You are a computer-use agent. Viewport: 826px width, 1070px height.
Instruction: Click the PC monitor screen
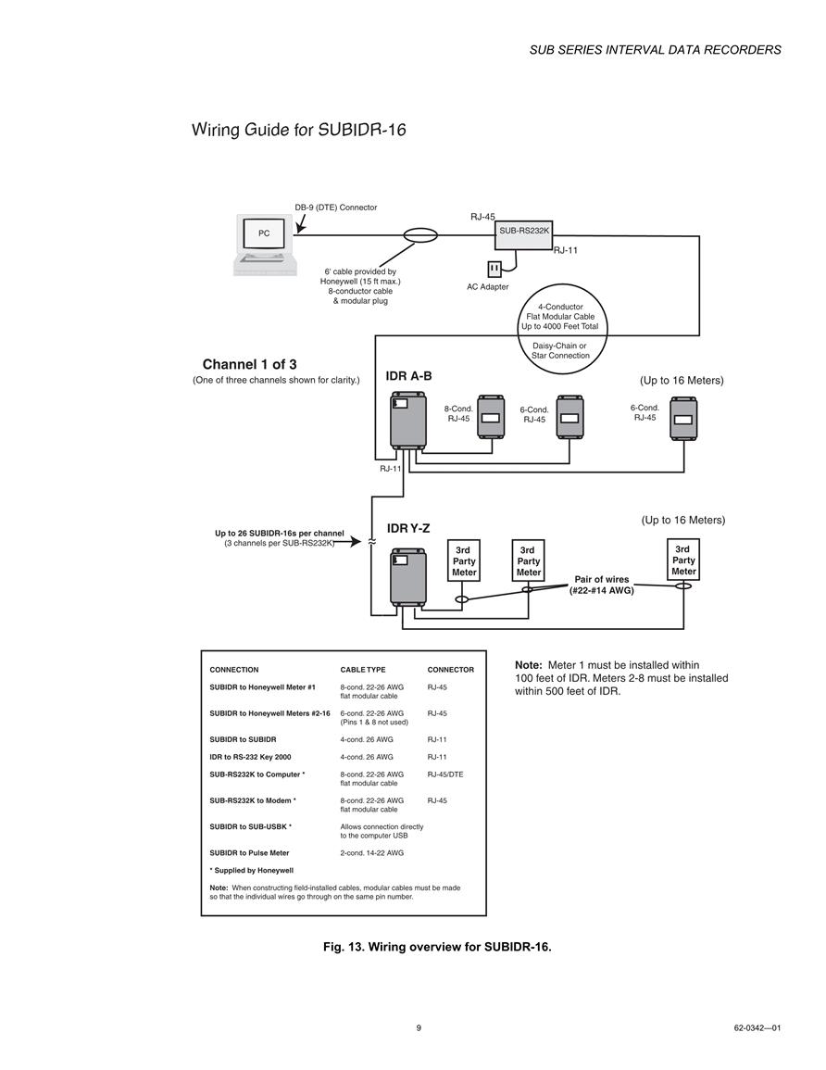click(x=263, y=233)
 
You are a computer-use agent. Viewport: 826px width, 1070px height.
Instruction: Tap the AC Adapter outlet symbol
click(x=494, y=269)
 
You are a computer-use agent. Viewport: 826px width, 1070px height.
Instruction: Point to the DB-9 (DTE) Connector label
click(x=335, y=208)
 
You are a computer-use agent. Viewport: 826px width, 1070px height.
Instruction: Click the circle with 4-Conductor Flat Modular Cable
click(x=560, y=284)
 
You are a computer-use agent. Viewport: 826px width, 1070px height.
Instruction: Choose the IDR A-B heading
click(x=408, y=376)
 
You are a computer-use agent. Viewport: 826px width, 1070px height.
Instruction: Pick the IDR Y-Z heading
click(x=407, y=528)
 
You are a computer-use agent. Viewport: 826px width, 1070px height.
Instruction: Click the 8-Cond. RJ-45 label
click(x=458, y=413)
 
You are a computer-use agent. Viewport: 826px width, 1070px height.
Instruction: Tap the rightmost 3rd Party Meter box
click(x=682, y=560)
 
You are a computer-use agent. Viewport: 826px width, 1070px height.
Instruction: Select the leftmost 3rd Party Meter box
click(x=464, y=560)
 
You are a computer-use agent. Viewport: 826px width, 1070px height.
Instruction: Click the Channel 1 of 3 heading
click(x=250, y=364)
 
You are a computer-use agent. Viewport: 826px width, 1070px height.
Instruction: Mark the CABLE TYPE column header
click(x=363, y=670)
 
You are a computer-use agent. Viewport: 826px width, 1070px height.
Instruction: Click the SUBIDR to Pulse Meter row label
click(x=249, y=853)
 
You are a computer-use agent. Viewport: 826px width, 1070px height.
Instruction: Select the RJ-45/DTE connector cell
click(x=445, y=774)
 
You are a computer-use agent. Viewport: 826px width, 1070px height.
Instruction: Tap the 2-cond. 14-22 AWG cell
click(x=371, y=853)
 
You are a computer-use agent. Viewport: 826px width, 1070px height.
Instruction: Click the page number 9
click(x=419, y=1027)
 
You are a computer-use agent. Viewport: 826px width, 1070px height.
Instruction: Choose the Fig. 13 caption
click(x=437, y=947)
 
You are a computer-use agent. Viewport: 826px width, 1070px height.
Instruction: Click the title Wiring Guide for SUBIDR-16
click(x=299, y=130)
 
